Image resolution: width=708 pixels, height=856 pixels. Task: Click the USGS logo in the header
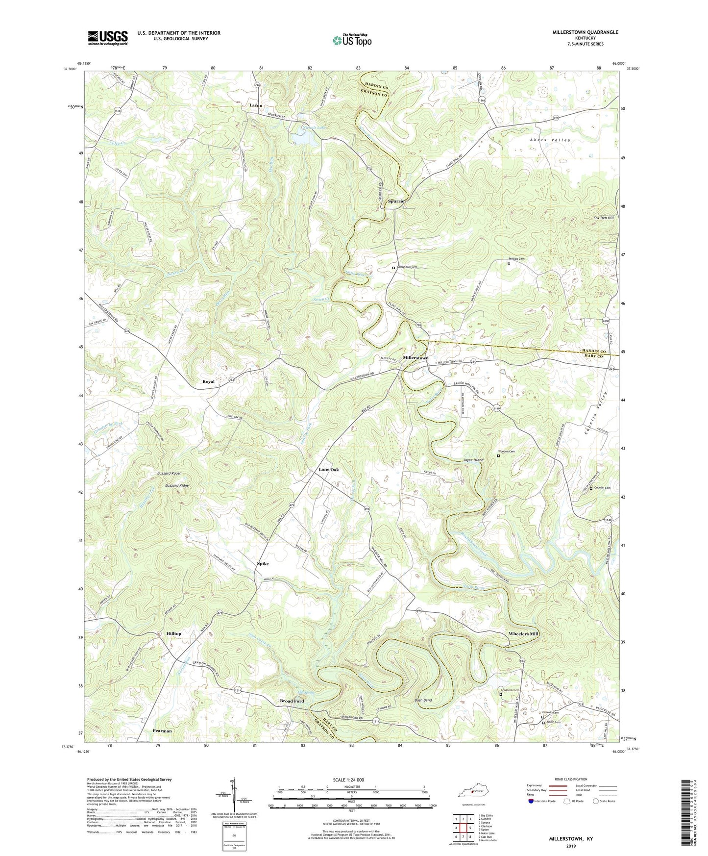click(108, 38)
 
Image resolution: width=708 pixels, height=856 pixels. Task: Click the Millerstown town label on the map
click(415, 358)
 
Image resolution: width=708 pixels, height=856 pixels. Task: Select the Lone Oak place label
click(329, 470)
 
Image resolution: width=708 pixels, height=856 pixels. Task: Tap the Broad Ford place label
click(292, 701)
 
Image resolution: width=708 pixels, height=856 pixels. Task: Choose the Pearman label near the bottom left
click(162, 731)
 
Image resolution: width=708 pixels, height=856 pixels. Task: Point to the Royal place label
click(209, 381)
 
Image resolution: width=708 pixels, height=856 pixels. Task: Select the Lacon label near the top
click(256, 105)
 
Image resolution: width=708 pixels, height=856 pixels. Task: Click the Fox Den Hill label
click(603, 218)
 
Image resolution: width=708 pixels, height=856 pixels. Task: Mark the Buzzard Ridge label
click(177, 485)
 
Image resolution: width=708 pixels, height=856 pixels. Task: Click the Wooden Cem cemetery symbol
click(498, 456)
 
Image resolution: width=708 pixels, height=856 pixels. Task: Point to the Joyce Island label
click(473, 460)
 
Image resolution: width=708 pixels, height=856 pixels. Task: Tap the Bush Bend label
click(423, 700)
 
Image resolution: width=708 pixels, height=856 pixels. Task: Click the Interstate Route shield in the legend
click(532, 801)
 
